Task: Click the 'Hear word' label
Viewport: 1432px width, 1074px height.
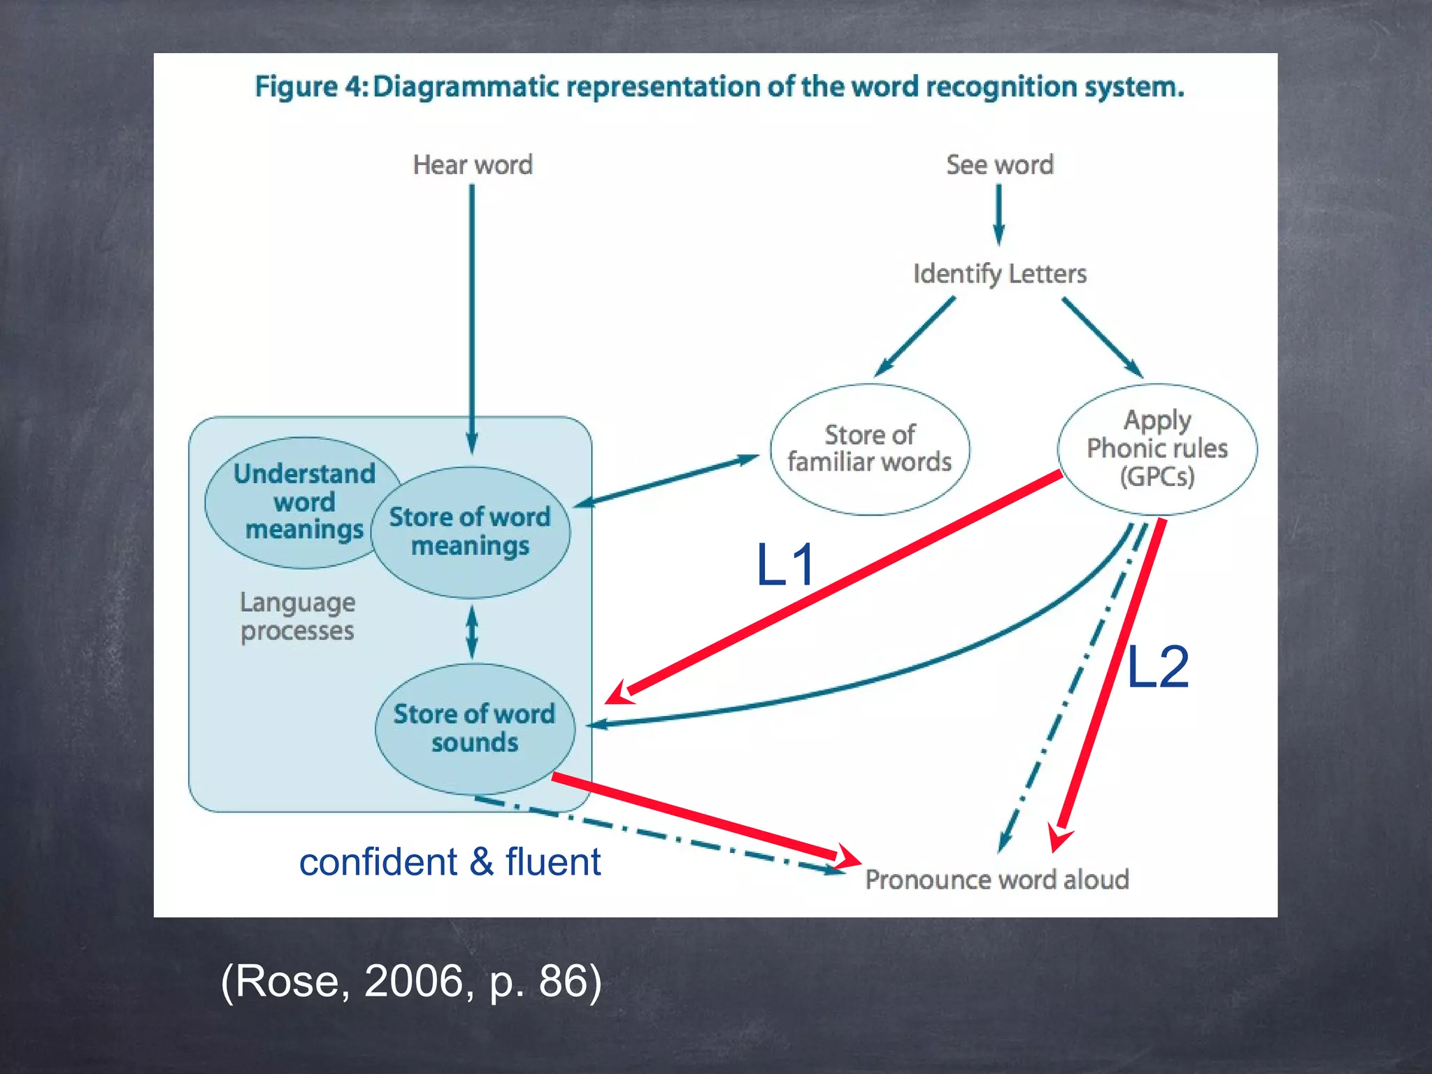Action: click(x=473, y=165)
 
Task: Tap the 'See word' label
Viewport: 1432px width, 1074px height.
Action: click(x=999, y=165)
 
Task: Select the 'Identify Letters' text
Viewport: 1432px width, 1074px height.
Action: click(x=999, y=273)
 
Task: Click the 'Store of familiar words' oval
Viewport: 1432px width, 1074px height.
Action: click(x=870, y=449)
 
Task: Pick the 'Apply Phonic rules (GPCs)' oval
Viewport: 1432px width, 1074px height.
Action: click(x=1157, y=448)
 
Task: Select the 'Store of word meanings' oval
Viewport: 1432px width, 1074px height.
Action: click(x=470, y=531)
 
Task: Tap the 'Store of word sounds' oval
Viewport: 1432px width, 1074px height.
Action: click(x=474, y=728)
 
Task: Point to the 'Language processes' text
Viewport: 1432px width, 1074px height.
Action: click(x=297, y=616)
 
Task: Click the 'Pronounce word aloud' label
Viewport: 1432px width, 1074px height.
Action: click(x=996, y=880)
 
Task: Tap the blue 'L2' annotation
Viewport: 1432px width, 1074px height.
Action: click(x=1157, y=668)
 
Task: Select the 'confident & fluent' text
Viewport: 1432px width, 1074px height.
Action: click(x=450, y=861)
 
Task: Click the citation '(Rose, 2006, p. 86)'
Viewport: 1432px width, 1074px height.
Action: click(x=411, y=981)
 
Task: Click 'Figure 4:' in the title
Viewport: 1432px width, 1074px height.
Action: click(x=310, y=87)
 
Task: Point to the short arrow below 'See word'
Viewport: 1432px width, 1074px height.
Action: click(x=998, y=214)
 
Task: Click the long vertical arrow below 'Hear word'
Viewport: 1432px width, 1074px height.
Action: click(x=472, y=315)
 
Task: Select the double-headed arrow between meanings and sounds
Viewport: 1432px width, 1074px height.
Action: click(x=472, y=631)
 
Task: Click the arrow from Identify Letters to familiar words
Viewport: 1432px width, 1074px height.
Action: click(x=915, y=336)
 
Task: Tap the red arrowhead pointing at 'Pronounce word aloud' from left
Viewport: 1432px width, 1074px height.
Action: click(x=847, y=857)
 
